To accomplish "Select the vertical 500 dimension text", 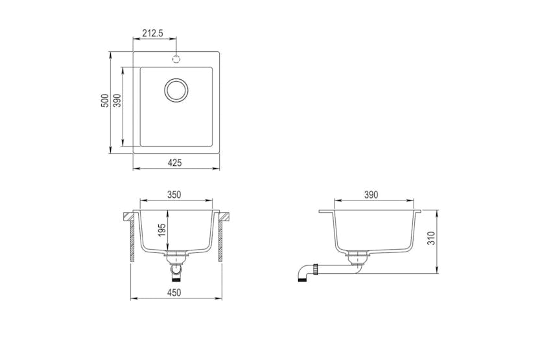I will pos(104,102).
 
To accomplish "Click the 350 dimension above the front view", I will pos(174,194).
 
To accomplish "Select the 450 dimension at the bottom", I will pos(174,293).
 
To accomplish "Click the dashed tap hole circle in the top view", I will pos(175,59).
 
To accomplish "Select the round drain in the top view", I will pos(175,90).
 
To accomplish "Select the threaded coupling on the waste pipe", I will pos(314,267).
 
